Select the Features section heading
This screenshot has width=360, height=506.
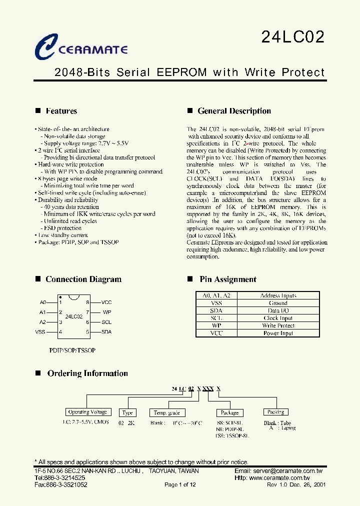click(x=61, y=111)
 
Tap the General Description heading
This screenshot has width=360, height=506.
click(x=234, y=111)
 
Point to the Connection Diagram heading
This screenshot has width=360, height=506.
click(x=83, y=279)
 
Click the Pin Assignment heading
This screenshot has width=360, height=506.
click(x=227, y=279)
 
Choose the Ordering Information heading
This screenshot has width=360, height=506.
click(x=87, y=373)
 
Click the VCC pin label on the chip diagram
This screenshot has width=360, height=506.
click(x=106, y=302)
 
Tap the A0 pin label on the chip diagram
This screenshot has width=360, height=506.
click(x=43, y=302)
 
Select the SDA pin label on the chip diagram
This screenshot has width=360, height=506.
click(x=106, y=331)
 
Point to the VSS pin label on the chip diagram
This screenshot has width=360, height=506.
click(x=40, y=331)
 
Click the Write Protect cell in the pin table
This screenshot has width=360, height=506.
click(x=278, y=325)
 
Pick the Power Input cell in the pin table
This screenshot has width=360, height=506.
click(x=278, y=333)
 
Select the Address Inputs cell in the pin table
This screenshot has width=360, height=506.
click(x=278, y=295)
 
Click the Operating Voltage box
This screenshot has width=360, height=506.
click(x=87, y=412)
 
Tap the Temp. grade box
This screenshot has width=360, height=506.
click(x=167, y=413)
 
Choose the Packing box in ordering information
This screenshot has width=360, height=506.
click(x=275, y=412)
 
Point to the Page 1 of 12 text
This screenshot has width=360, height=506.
click(x=180, y=484)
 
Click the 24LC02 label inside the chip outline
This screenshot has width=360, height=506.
click(x=73, y=316)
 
